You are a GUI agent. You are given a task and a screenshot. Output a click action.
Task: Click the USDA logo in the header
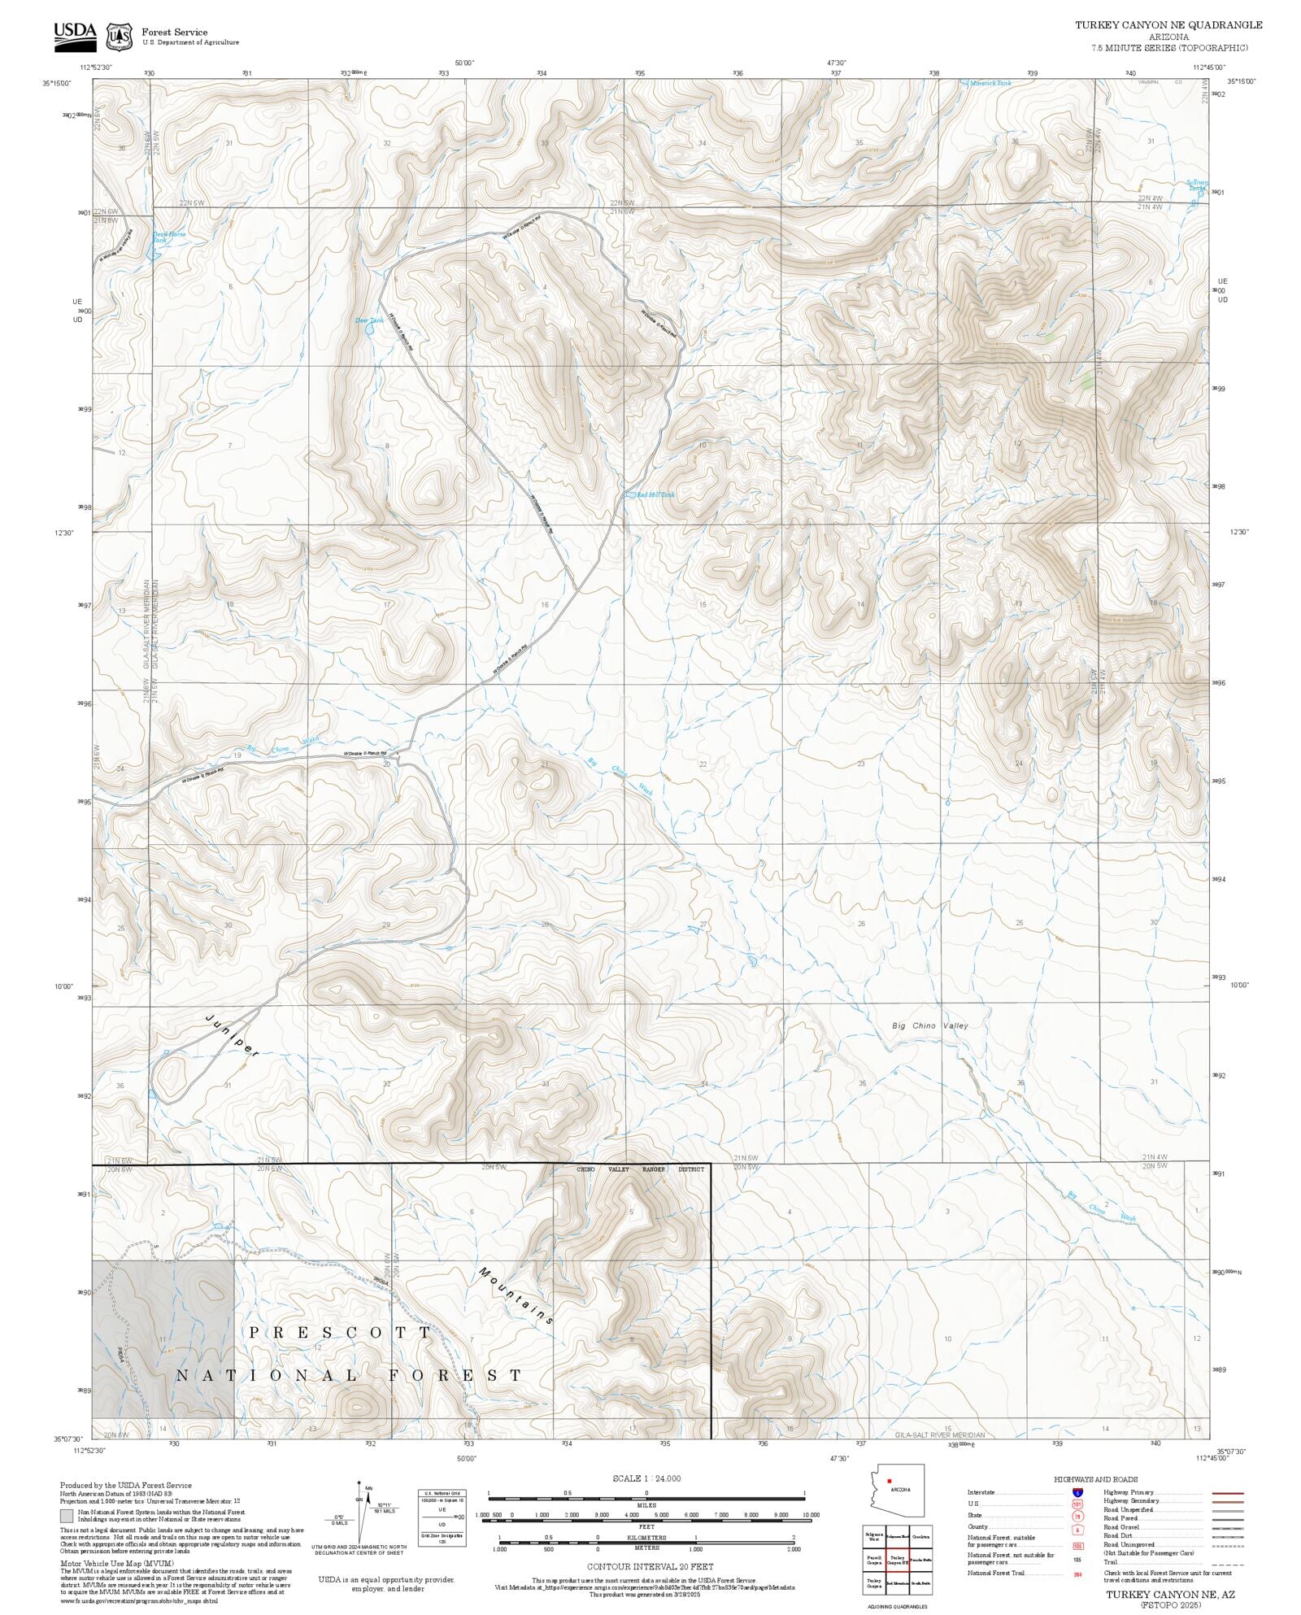[75, 36]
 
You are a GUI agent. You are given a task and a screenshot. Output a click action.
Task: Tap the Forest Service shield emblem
[122, 37]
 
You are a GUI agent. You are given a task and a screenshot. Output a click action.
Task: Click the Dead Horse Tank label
[169, 237]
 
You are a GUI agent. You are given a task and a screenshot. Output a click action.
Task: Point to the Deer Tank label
[369, 320]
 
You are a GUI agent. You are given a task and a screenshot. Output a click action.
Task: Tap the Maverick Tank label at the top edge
[990, 83]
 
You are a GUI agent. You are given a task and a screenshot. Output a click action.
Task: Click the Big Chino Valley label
[930, 1025]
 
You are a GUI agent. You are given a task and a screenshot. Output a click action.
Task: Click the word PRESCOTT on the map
[341, 1333]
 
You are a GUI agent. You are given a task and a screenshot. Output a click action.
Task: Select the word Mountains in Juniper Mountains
[517, 1296]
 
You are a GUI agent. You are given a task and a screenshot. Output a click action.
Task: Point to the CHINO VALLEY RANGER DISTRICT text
[641, 1169]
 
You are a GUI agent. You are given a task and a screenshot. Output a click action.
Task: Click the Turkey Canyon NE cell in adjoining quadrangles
[898, 1558]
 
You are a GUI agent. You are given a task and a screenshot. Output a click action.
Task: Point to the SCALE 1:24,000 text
[646, 1478]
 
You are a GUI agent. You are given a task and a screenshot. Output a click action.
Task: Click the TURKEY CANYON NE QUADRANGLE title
[1168, 25]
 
